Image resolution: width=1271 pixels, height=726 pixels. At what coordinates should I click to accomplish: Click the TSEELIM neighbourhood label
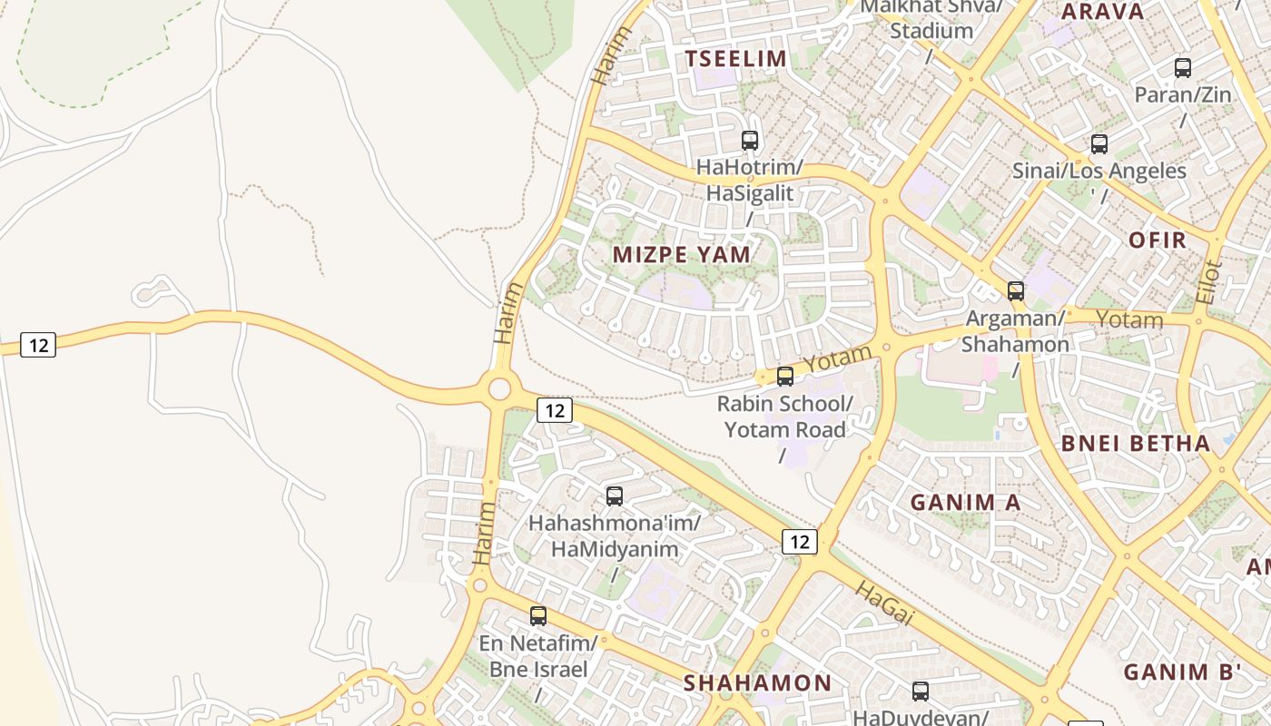tap(735, 59)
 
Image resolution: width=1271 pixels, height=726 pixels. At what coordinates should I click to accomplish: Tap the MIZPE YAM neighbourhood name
tap(682, 254)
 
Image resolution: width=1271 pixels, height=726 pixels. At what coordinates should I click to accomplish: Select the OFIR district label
tap(1158, 240)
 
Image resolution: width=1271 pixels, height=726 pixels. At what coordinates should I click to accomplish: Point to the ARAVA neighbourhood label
tap(1102, 12)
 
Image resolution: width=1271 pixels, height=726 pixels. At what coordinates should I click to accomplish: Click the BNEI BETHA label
tap(1136, 444)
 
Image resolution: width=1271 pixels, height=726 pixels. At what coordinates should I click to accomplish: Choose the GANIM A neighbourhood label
tap(965, 502)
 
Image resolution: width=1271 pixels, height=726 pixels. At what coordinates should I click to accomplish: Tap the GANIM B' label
tap(1182, 672)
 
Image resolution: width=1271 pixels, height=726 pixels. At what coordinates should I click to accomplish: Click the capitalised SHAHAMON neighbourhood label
tap(757, 682)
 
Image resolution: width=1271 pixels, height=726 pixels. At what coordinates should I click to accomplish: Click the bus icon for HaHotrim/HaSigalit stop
tap(750, 141)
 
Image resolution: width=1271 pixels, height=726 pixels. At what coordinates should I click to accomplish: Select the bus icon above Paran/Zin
tap(1183, 68)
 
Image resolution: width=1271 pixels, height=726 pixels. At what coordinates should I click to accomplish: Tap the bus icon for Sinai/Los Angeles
tap(1099, 144)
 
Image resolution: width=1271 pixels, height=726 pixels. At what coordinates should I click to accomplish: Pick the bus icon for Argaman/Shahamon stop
tap(1016, 291)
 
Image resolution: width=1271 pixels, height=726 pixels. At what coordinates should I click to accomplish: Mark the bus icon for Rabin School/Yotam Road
tap(785, 377)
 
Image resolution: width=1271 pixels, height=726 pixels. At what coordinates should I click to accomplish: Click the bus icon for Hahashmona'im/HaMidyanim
tap(615, 496)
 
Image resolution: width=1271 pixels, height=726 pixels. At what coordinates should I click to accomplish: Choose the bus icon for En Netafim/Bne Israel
tap(538, 616)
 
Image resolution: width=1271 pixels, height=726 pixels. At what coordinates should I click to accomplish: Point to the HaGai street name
tap(882, 603)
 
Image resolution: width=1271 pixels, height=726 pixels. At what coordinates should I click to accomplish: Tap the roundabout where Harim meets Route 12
tap(498, 389)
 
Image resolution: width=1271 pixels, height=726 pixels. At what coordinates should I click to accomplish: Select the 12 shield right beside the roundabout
tap(554, 410)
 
